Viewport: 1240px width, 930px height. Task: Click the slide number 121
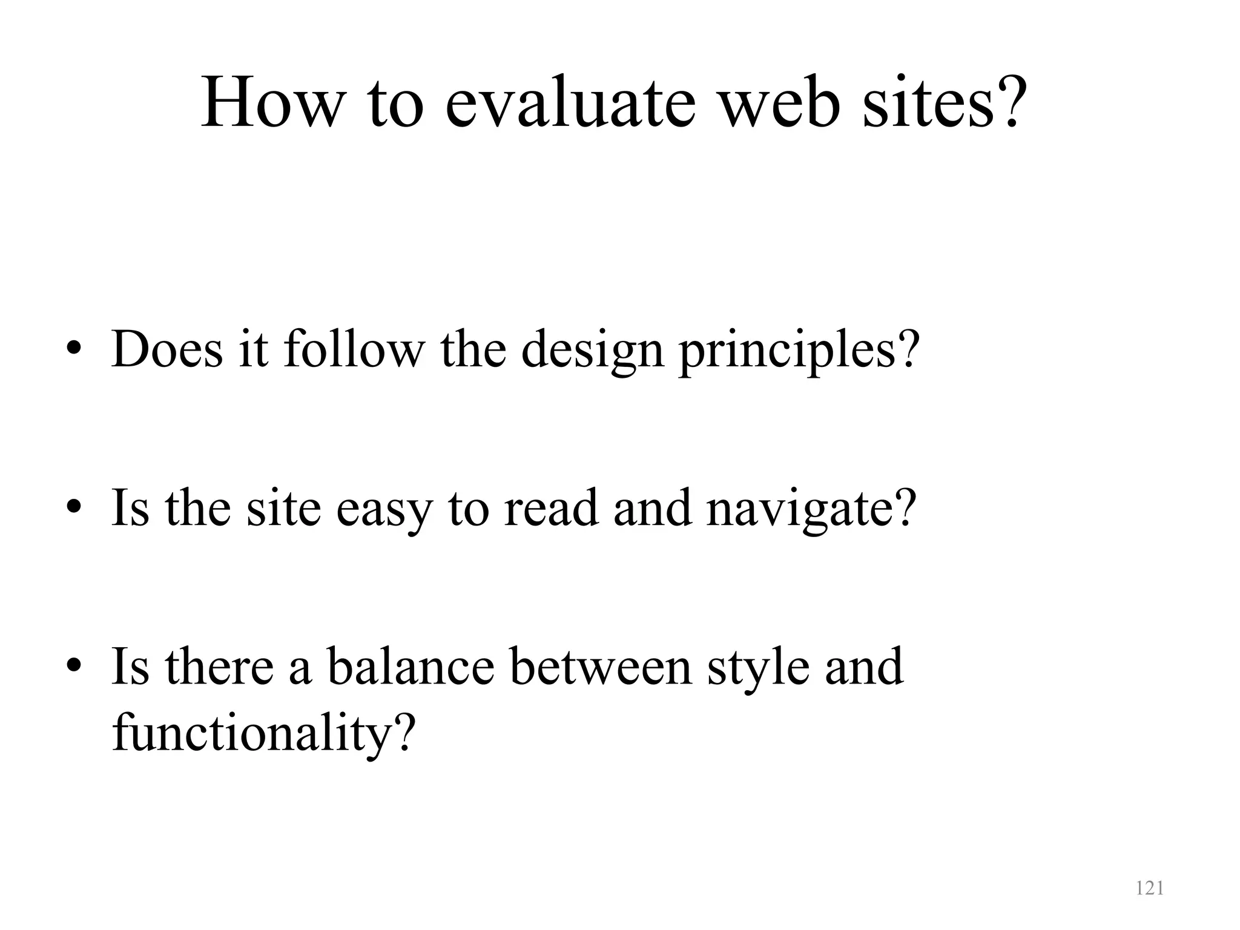1149,888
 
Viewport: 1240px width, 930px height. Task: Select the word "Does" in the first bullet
167,350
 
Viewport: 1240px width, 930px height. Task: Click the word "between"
601,666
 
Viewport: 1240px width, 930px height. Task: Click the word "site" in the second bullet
283,507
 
